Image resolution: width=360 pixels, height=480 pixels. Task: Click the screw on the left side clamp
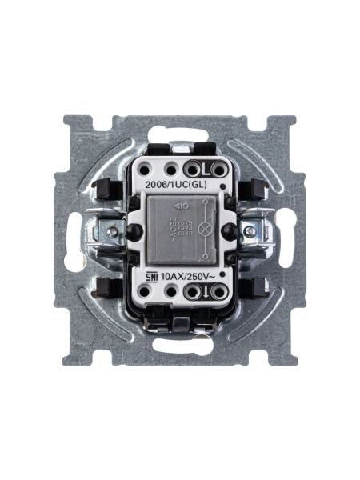[114, 233]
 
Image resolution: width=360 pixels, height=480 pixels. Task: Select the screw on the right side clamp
[250, 231]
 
